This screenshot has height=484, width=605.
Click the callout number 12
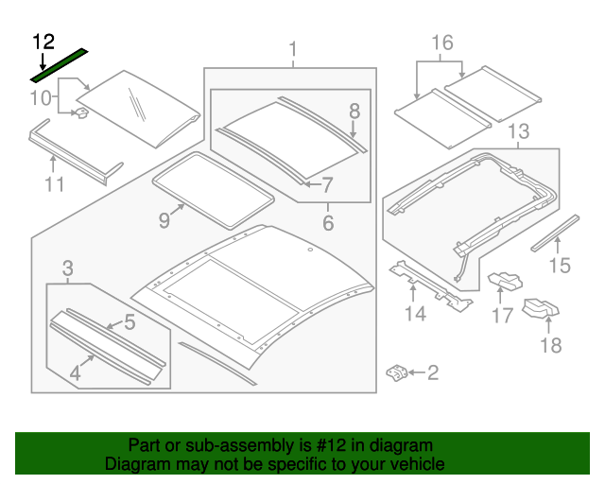click(x=43, y=41)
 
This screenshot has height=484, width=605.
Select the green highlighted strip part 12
click(x=59, y=61)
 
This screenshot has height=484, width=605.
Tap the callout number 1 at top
click(x=293, y=48)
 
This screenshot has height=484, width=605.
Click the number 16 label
click(x=442, y=43)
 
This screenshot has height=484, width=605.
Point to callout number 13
click(x=518, y=130)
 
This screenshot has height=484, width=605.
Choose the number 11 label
click(x=54, y=184)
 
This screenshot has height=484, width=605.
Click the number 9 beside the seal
click(x=164, y=219)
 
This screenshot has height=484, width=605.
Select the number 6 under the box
click(x=328, y=223)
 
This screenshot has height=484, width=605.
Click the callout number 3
click(x=67, y=269)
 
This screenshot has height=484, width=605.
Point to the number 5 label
click(x=130, y=322)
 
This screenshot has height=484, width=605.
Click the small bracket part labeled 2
click(x=396, y=373)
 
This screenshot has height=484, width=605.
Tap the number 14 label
click(x=416, y=313)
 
